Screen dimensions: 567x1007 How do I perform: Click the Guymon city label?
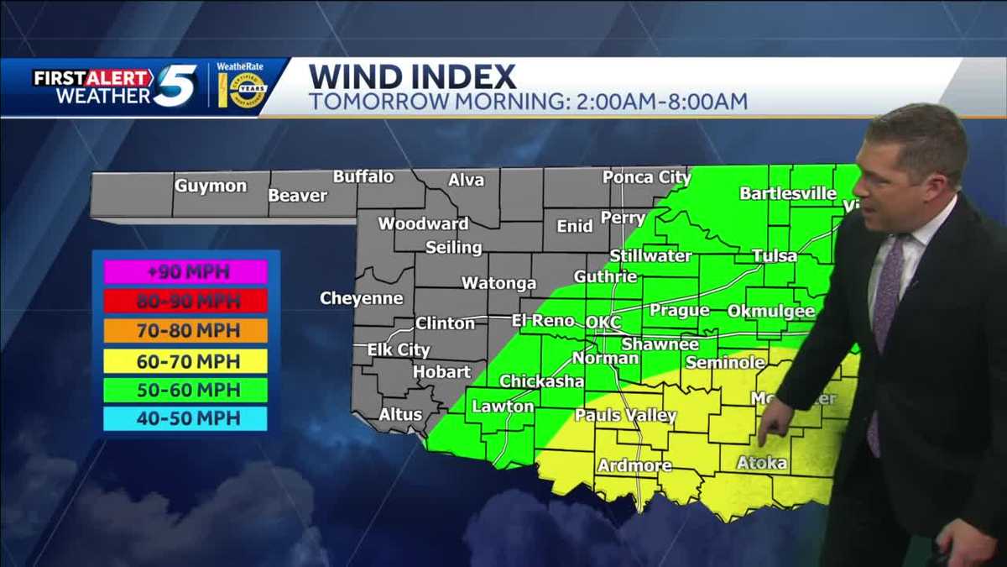tap(211, 186)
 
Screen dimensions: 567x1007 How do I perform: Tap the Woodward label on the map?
tap(423, 223)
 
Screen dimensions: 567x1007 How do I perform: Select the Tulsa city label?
tap(775, 255)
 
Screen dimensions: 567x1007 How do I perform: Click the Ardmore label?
tap(634, 465)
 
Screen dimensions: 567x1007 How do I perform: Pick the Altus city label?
tap(394, 413)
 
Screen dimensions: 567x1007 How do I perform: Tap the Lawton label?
tap(503, 407)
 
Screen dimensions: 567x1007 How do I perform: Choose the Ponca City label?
tap(646, 177)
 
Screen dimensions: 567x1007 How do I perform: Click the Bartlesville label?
tap(787, 193)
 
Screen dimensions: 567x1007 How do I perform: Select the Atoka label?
tap(762, 463)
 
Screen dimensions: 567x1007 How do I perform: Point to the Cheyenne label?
tap(361, 298)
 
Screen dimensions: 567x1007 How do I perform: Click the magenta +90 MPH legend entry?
tap(185, 272)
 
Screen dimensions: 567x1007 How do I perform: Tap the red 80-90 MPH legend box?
tap(185, 301)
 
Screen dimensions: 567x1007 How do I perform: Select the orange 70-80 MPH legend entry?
tap(185, 330)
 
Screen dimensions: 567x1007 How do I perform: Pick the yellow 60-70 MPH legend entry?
tap(185, 361)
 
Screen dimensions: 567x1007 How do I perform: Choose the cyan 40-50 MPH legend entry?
tap(185, 418)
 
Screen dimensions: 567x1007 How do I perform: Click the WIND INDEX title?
tap(412, 77)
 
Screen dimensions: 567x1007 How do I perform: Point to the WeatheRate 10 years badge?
tap(242, 87)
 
